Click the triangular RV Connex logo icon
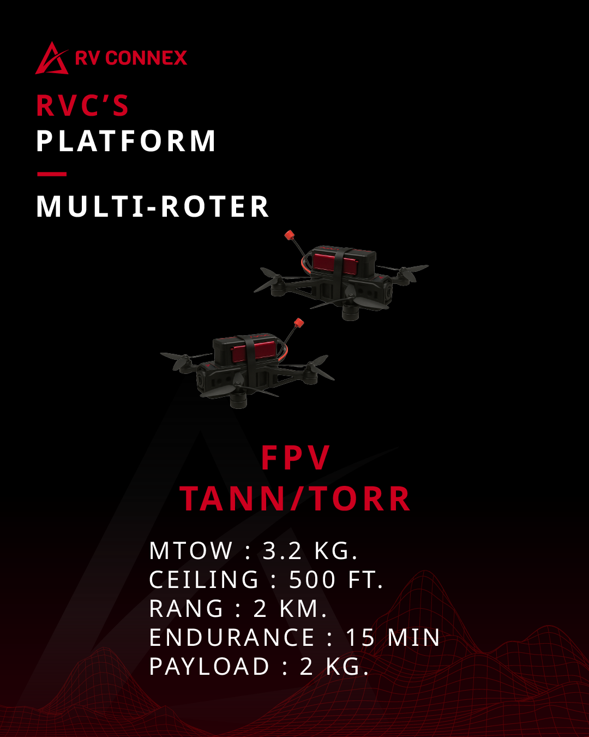(51, 58)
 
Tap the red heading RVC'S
(82, 106)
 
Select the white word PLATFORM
(126, 141)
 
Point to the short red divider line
(52, 174)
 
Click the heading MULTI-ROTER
(153, 207)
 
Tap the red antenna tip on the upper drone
(289, 236)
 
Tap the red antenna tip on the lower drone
(298, 323)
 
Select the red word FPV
(296, 457)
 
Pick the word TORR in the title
(361, 499)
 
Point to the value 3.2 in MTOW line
(282, 551)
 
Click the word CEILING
(204, 580)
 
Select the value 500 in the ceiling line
(312, 580)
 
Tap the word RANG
(187, 609)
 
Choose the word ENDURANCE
(232, 638)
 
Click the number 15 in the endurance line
(360, 638)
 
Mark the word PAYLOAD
(209, 667)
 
